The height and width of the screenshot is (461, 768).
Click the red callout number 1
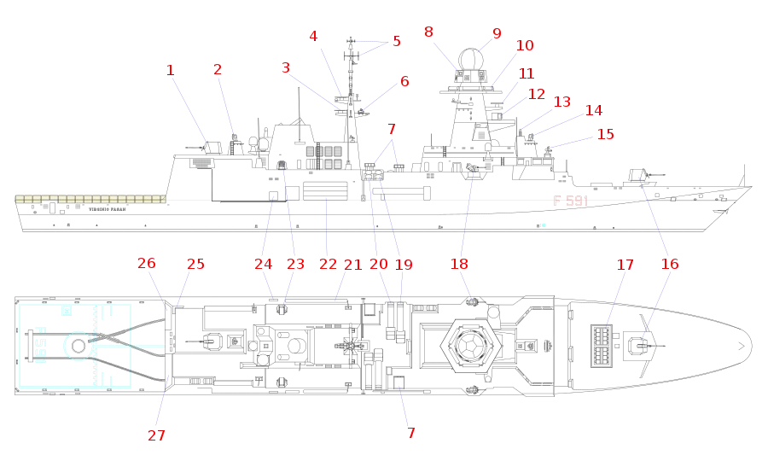[x=171, y=69]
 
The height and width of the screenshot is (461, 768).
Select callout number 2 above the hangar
[x=218, y=69]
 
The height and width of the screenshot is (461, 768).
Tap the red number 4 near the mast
[x=313, y=36]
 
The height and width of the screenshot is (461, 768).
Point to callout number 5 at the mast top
[x=395, y=41]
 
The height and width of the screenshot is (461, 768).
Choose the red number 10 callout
[x=525, y=45]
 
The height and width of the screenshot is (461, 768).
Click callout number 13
[x=561, y=102]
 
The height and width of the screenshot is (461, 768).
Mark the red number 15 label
[x=604, y=134]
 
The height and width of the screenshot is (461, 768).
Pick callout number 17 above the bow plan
[x=625, y=266]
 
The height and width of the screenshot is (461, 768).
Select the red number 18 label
[x=671, y=265]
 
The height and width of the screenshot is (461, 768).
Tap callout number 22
[x=328, y=265]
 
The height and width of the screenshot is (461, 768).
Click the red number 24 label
[x=263, y=265]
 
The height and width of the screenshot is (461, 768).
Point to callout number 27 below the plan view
[x=154, y=436]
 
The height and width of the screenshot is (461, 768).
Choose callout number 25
[x=195, y=265]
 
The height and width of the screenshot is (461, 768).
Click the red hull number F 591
[x=570, y=201]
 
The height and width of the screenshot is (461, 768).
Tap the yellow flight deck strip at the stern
[x=90, y=199]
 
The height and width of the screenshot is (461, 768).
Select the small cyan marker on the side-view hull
[x=542, y=225]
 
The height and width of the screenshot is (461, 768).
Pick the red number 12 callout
[x=536, y=95]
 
